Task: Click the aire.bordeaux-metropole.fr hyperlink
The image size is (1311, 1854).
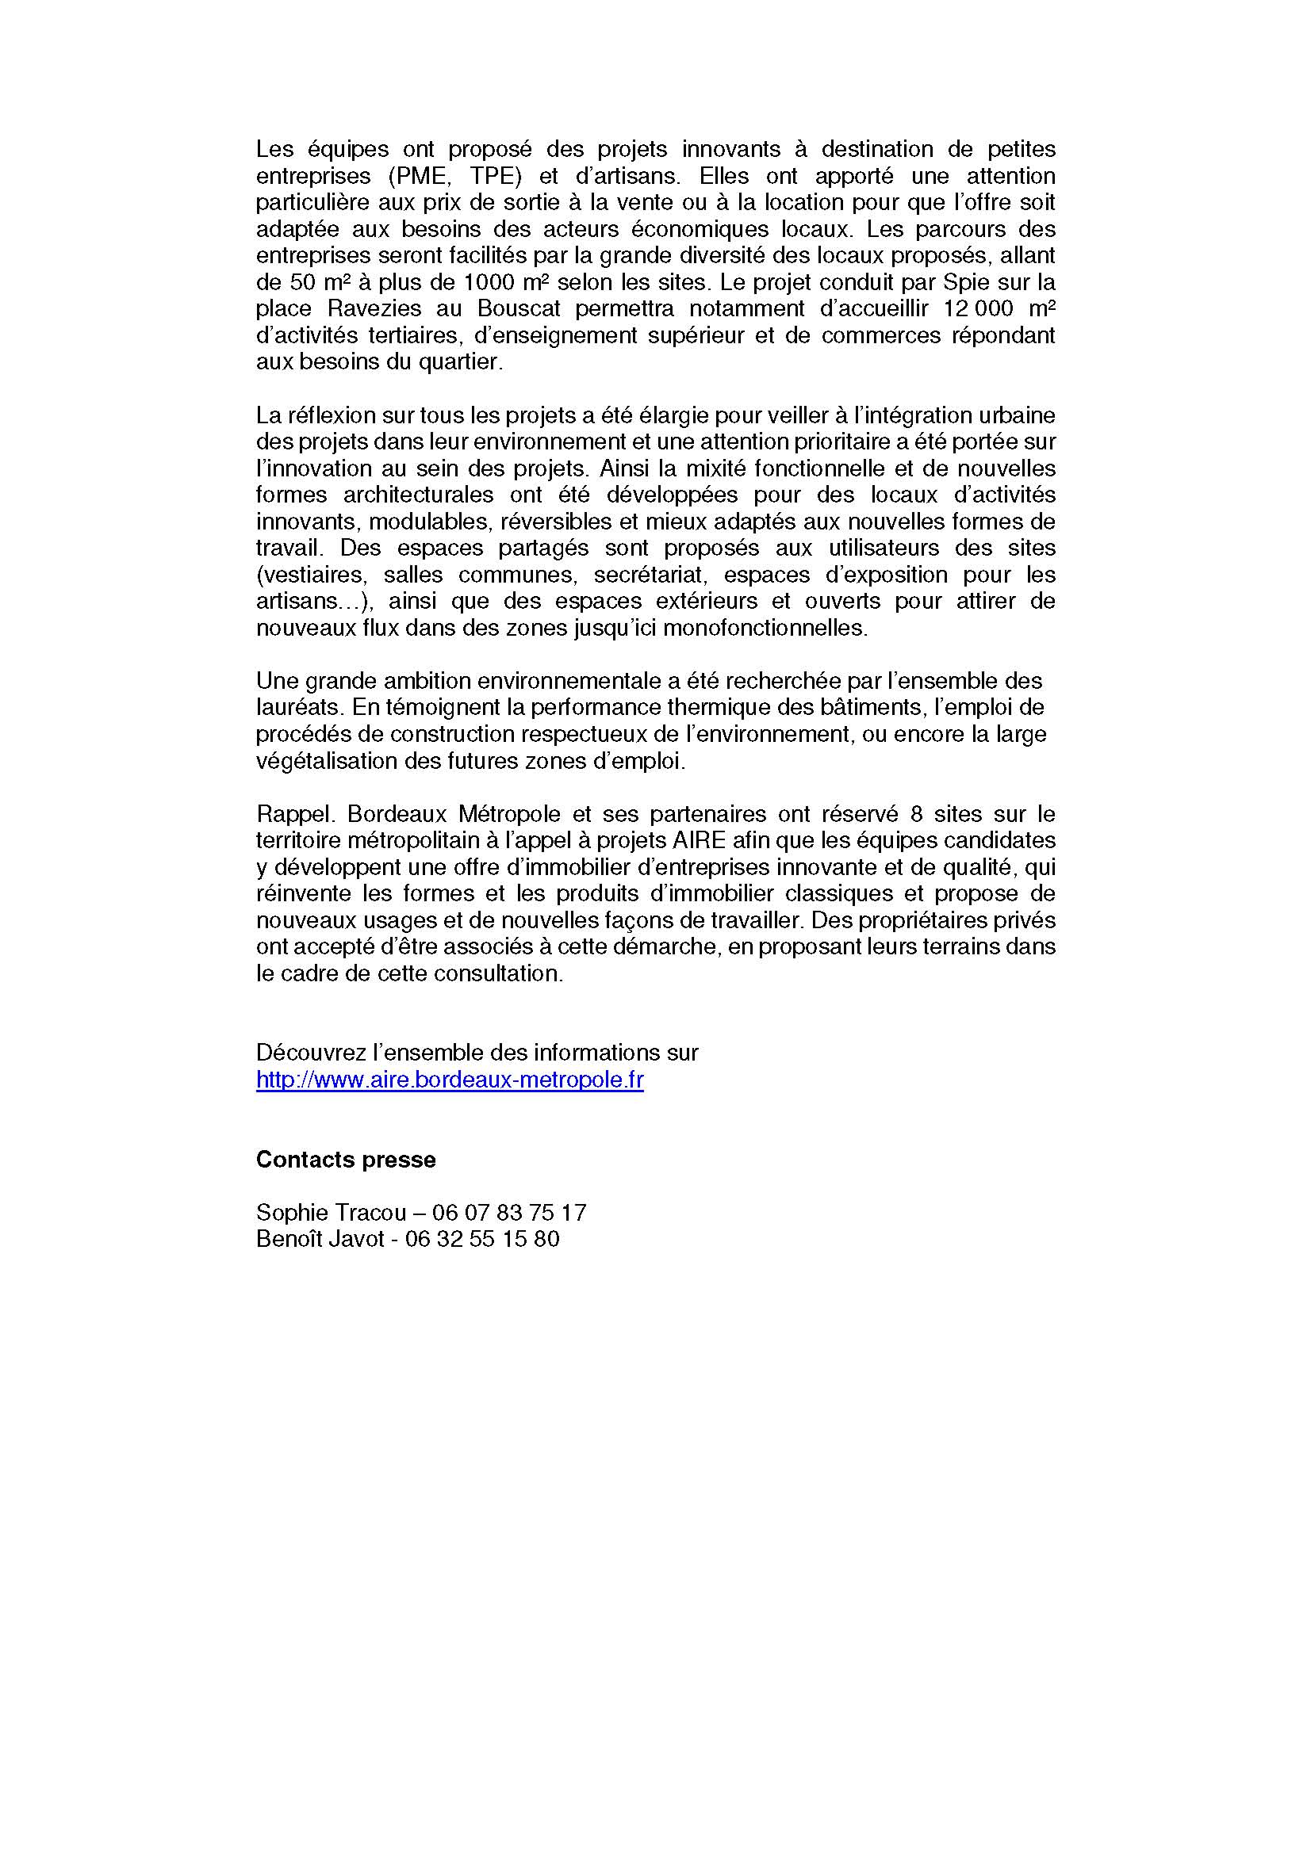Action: point(449,1080)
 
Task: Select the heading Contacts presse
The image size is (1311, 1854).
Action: point(346,1160)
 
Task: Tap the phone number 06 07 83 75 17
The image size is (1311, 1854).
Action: point(509,1213)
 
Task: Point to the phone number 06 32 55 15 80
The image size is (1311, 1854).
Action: point(482,1239)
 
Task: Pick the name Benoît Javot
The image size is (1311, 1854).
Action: point(320,1239)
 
